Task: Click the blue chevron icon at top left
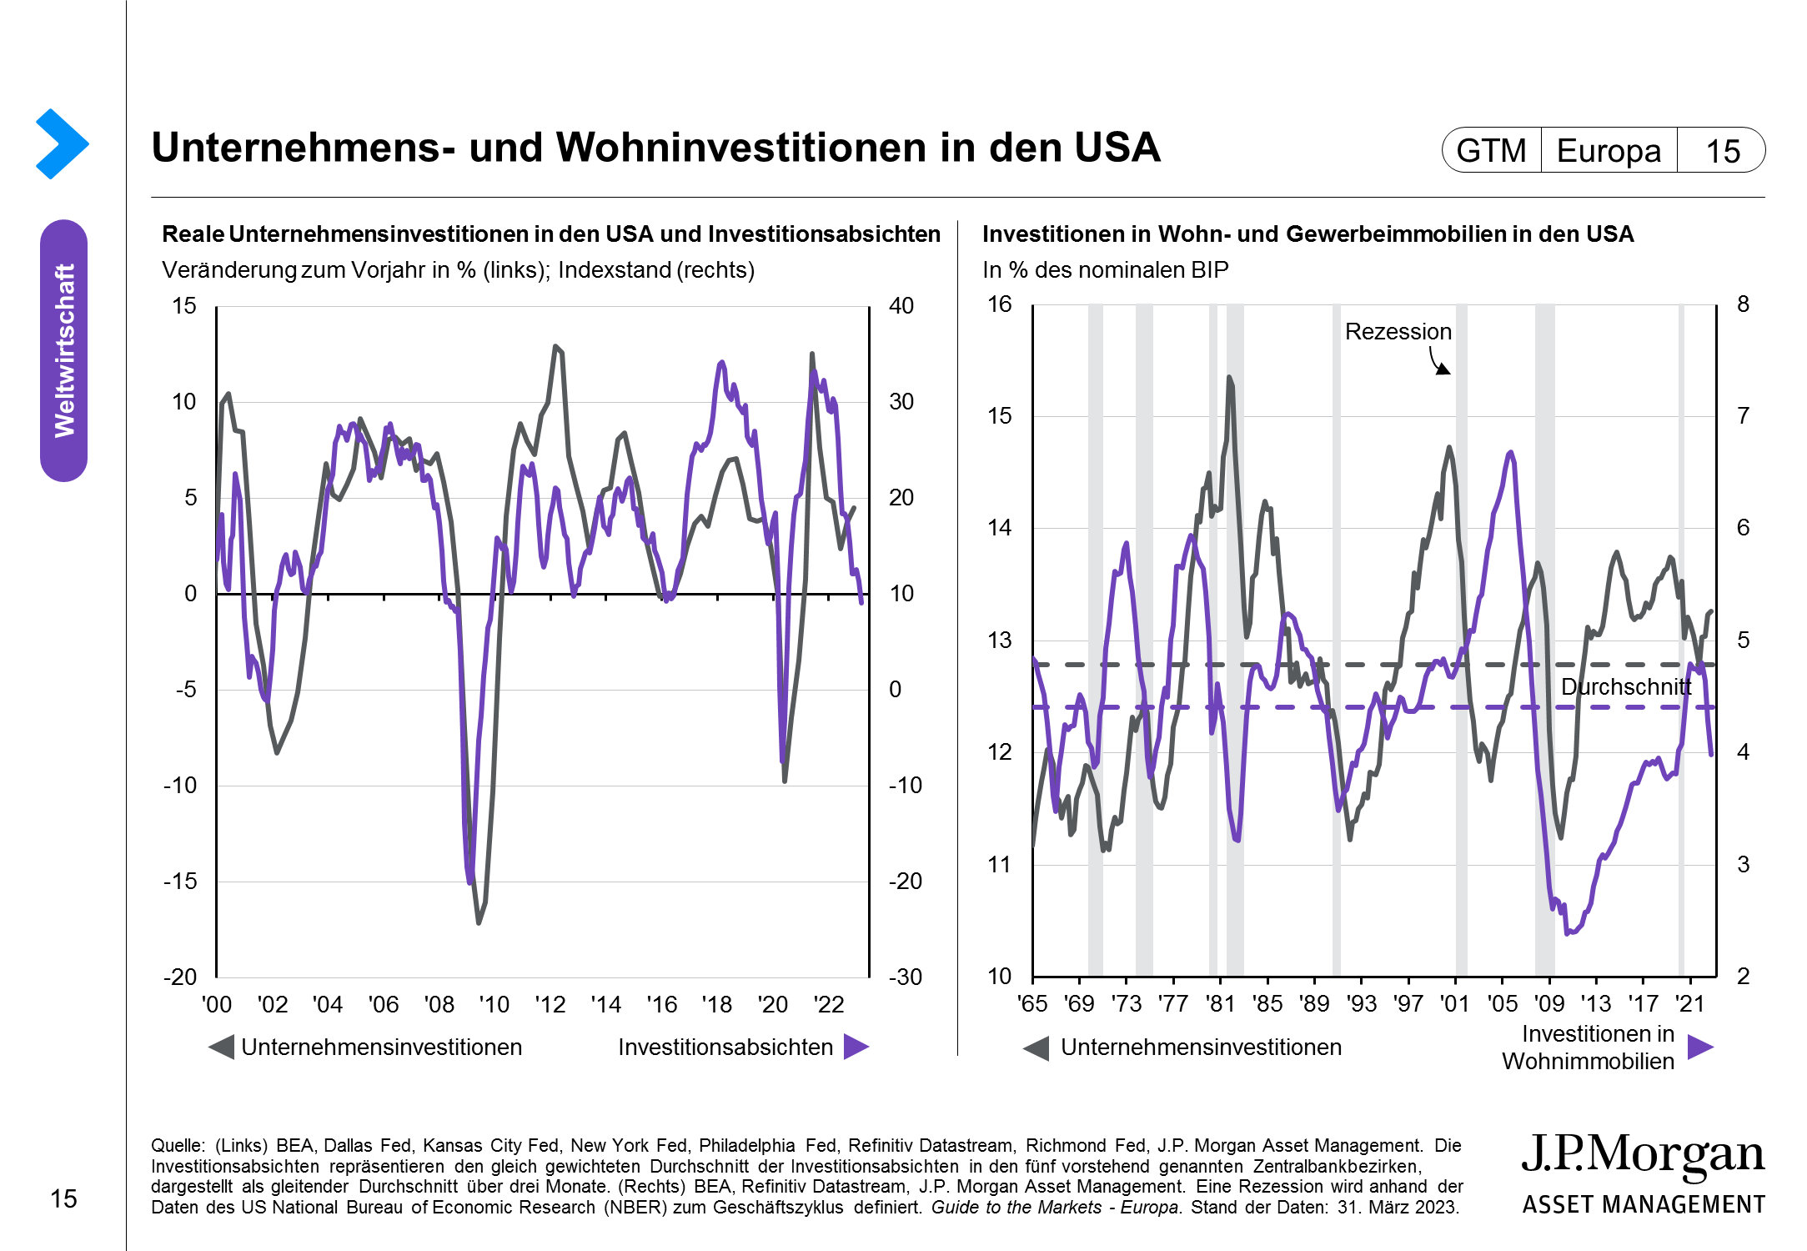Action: click(62, 143)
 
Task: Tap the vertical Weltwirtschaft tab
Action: click(64, 350)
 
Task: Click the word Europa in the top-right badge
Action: click(1609, 151)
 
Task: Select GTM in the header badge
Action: click(1491, 151)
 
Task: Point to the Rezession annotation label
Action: click(1398, 332)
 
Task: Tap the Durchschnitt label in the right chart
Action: click(1625, 687)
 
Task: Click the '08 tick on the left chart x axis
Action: click(439, 1004)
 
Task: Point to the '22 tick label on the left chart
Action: click(828, 1004)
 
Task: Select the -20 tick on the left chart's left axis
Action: click(180, 977)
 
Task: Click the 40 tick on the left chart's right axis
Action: click(901, 306)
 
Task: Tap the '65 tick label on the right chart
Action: click(1032, 1003)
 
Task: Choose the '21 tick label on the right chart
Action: click(1690, 1003)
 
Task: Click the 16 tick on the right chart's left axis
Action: click(999, 304)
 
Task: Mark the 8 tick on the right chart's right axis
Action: click(1743, 304)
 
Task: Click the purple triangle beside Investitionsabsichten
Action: click(856, 1047)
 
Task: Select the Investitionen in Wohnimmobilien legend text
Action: click(1589, 1048)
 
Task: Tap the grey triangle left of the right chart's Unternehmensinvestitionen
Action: click(1037, 1048)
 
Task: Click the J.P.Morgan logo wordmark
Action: click(1643, 1155)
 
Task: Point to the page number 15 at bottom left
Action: click(63, 1199)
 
